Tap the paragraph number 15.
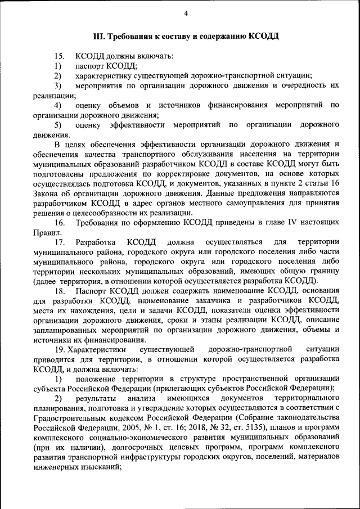pyautogui.click(x=59, y=56)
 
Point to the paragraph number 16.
pyautogui.click(x=59, y=223)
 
